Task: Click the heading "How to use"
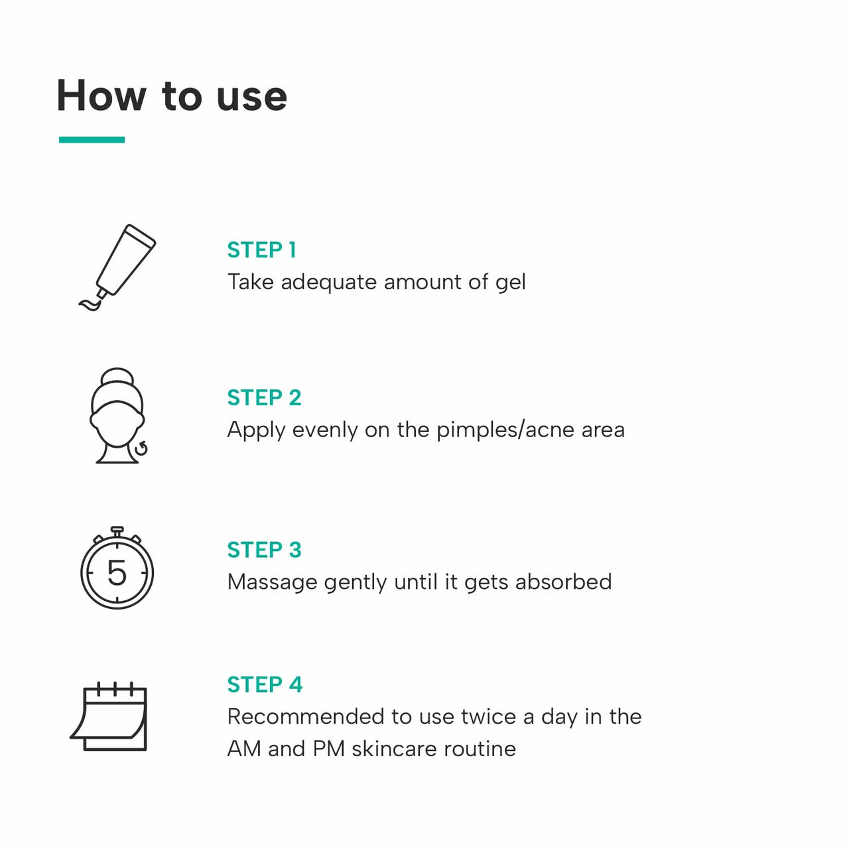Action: [x=172, y=96]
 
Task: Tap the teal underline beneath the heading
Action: [x=92, y=139]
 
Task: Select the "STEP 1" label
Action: [x=261, y=250]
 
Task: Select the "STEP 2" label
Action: [x=264, y=398]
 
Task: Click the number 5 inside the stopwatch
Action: [x=117, y=572]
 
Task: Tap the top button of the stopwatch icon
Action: [x=117, y=531]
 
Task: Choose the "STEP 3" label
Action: [x=264, y=550]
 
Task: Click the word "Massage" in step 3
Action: [x=272, y=582]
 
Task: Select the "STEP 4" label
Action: [x=265, y=685]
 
